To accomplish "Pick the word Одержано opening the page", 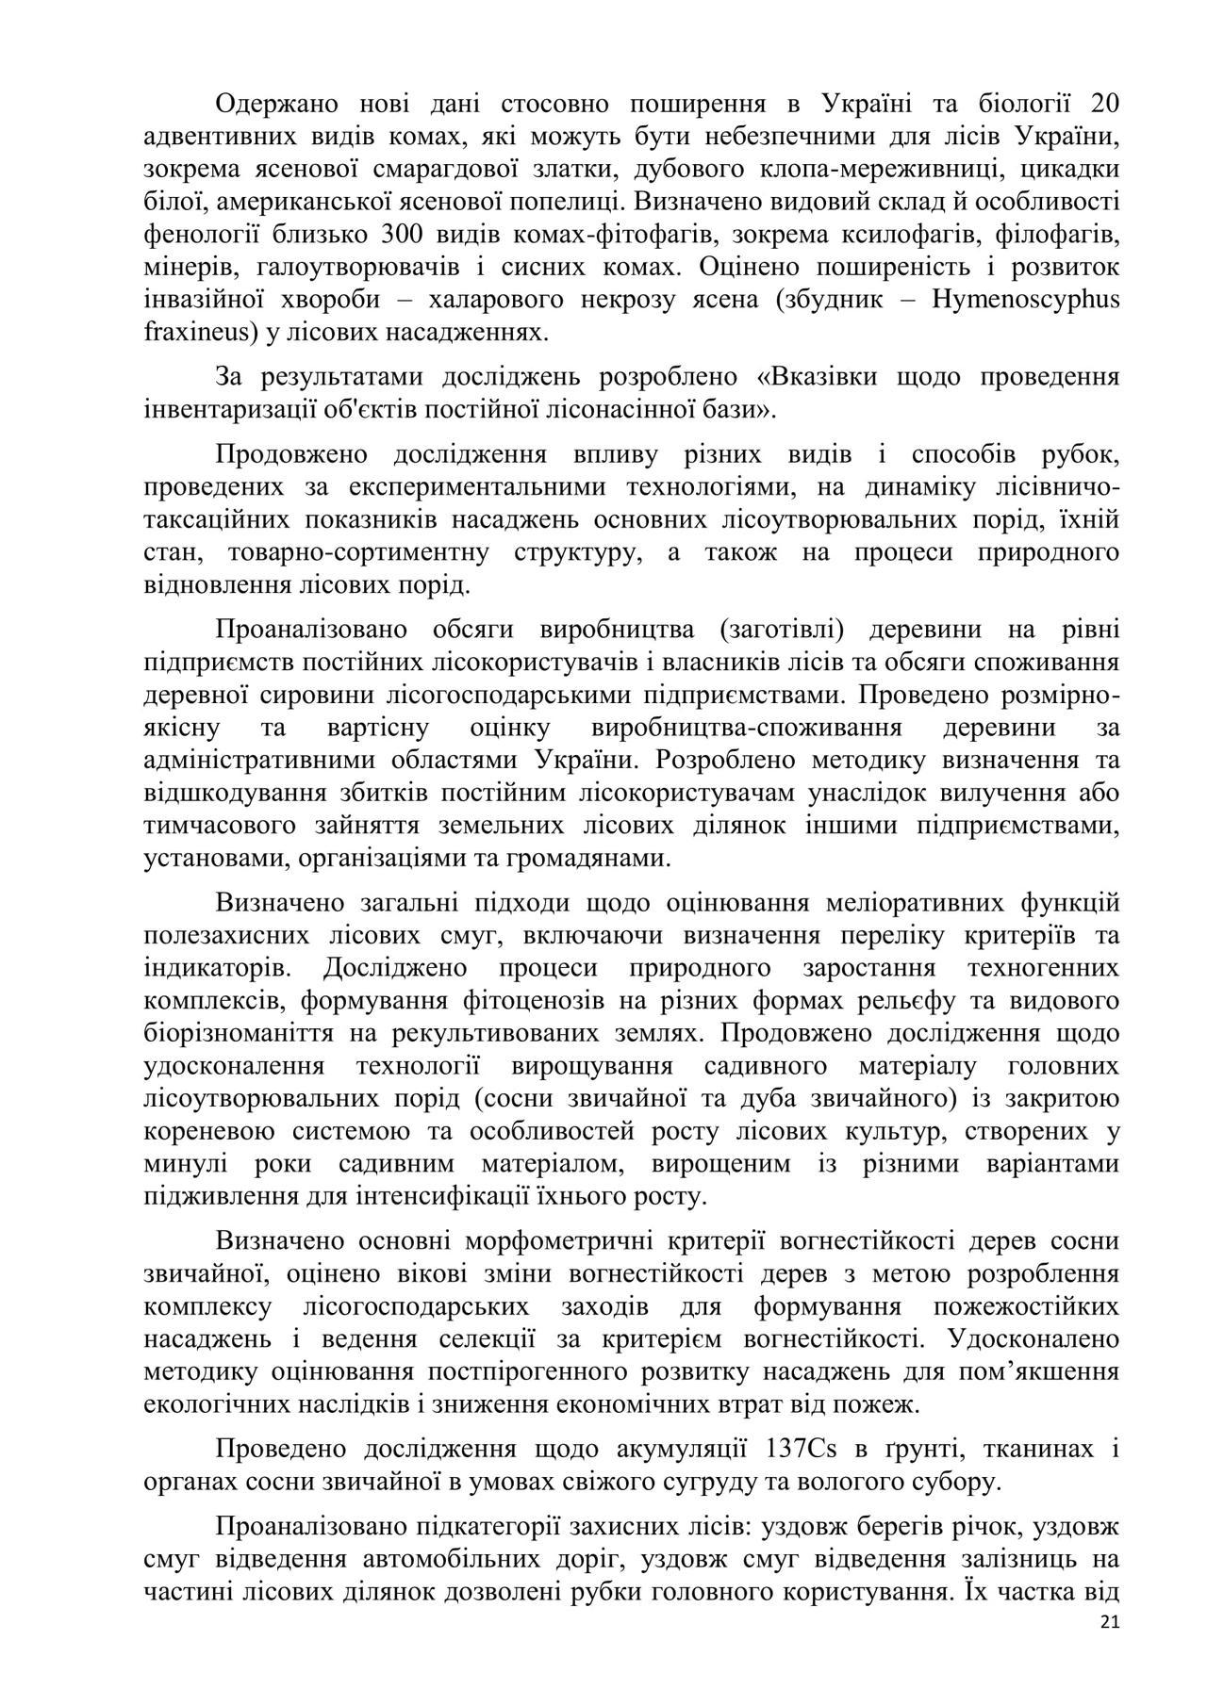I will [x=276, y=104].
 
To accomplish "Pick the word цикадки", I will [x=1069, y=169].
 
